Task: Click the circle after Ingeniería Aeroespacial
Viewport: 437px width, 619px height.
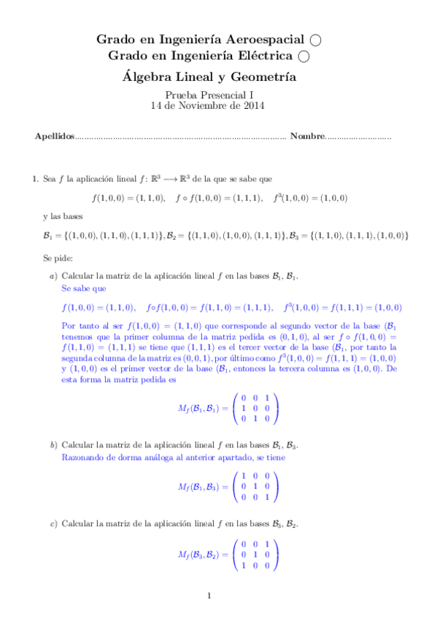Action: [x=315, y=39]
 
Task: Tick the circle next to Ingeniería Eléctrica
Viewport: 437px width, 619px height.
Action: [x=303, y=55]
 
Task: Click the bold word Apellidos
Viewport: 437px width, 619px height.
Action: [x=55, y=137]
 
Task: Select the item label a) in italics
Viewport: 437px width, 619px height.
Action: [x=53, y=276]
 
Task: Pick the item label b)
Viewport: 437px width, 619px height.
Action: [x=53, y=444]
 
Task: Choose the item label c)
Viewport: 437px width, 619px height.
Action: [x=53, y=523]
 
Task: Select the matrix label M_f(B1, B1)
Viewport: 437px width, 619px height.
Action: [x=201, y=407]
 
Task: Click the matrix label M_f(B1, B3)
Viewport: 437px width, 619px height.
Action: [x=201, y=487]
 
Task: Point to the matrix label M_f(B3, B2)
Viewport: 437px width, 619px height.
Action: [x=201, y=555]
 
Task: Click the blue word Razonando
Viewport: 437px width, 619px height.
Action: [x=84, y=457]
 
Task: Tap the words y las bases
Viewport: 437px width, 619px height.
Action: [x=63, y=217]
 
